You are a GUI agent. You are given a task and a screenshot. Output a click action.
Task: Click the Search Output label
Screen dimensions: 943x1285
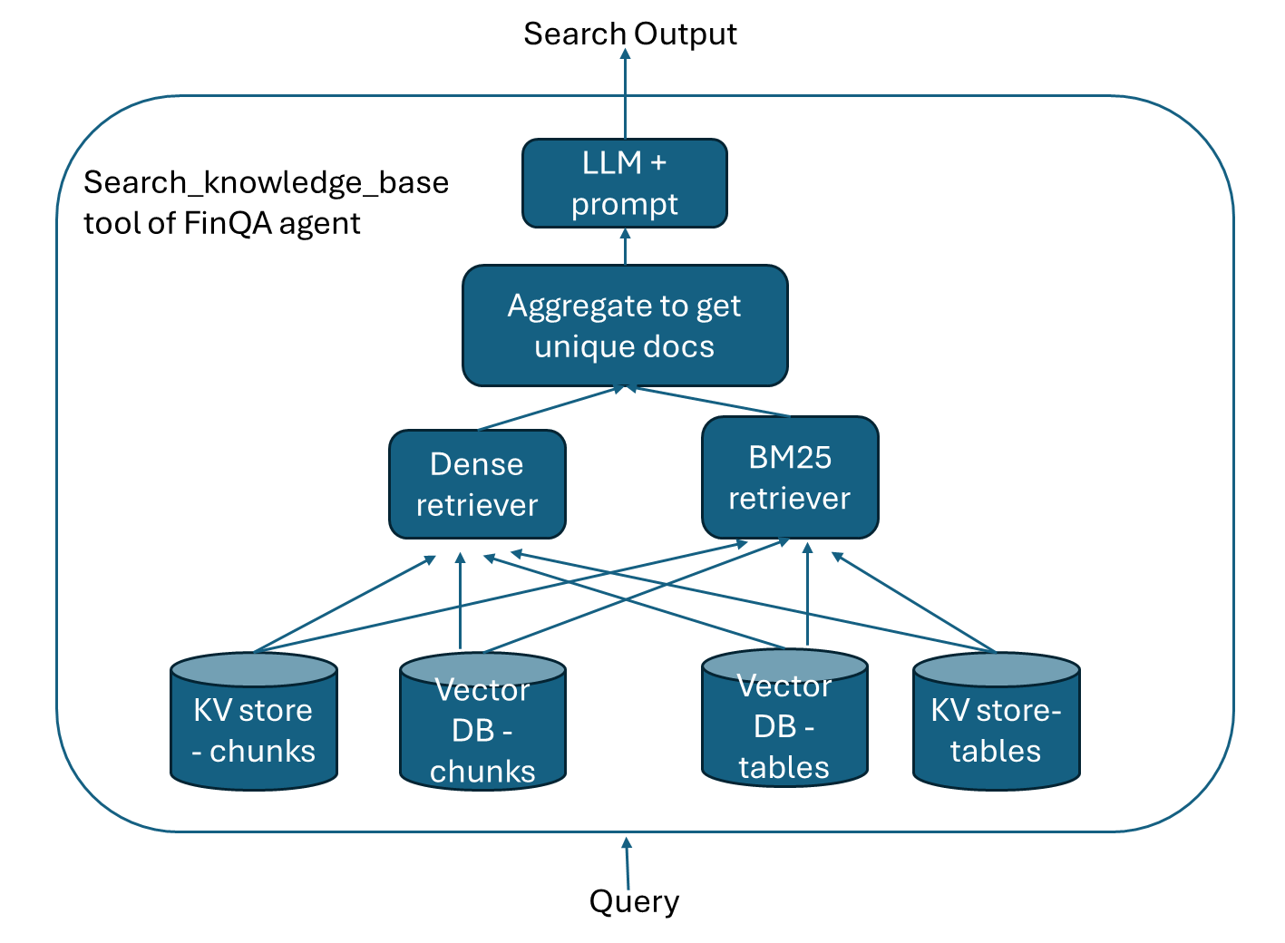click(629, 34)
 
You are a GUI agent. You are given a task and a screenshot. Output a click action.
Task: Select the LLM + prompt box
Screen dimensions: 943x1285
click(624, 183)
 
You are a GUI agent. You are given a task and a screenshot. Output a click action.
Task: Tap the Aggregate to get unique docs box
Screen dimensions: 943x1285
click(624, 326)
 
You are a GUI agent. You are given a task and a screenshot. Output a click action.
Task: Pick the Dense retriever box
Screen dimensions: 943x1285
click(477, 484)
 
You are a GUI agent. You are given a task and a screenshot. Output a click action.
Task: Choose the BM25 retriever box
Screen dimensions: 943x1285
click(789, 478)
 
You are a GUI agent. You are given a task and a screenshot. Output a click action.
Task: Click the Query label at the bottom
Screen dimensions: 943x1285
click(634, 901)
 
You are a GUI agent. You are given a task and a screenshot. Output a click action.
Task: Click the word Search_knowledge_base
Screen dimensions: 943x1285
click(266, 182)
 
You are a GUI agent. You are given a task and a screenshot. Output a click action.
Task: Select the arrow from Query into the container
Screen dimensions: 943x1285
click(627, 862)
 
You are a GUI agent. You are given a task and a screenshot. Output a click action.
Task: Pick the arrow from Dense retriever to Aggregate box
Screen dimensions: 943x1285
click(549, 408)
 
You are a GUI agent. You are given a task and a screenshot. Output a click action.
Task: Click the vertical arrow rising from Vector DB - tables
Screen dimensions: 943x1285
click(807, 594)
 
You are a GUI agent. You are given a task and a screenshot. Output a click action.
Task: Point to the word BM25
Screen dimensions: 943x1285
click(789, 458)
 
